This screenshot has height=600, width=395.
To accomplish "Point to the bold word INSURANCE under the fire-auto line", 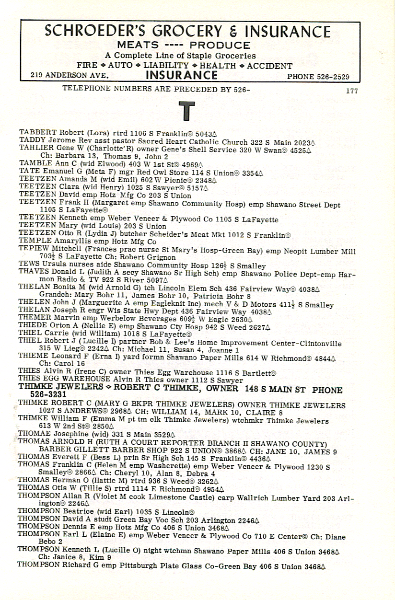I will coord(181,75).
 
